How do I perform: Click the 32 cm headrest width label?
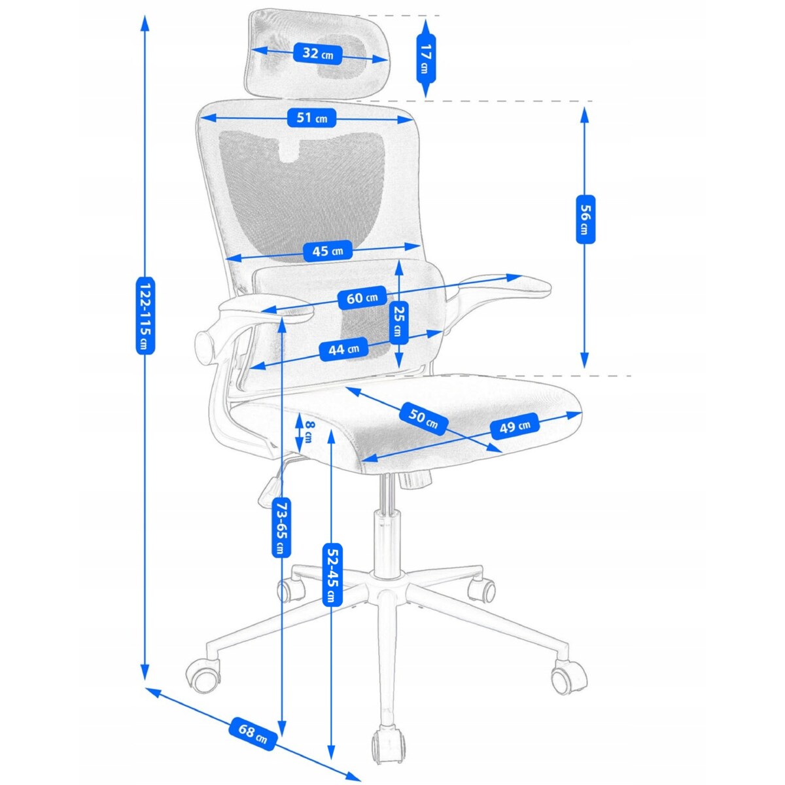(318, 54)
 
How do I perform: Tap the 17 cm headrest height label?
(426, 58)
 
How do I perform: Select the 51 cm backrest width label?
(311, 118)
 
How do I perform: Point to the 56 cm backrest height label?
(585, 218)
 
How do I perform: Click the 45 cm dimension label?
(327, 251)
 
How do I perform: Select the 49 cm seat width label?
(515, 426)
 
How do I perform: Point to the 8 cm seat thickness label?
(309, 430)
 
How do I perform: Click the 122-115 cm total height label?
(145, 315)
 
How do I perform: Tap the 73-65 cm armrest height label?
(281, 527)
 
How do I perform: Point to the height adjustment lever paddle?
(270, 491)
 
